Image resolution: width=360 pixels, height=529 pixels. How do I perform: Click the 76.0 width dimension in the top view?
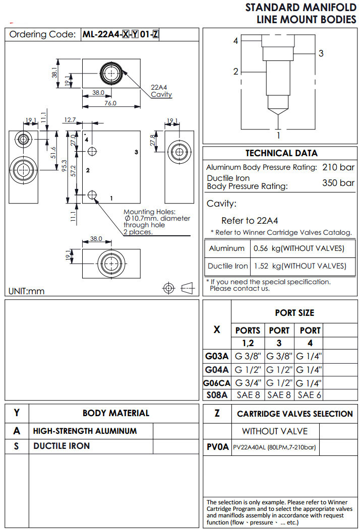coord(110,103)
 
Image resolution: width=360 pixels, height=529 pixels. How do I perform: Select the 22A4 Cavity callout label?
coord(161,91)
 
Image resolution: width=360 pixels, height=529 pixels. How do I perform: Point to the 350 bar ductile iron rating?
coord(338,182)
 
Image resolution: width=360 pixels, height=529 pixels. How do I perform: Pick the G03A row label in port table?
coord(217,356)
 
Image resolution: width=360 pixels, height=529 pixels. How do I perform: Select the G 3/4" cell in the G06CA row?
coord(248,382)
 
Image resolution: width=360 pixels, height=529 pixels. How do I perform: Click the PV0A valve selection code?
coord(218,447)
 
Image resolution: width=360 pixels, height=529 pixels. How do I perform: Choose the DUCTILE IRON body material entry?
coord(62,446)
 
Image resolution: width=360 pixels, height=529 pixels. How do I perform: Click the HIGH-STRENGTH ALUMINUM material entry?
coord(85,431)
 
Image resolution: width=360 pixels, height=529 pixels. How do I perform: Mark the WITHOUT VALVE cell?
coord(274,431)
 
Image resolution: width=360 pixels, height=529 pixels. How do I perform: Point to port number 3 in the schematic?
coord(321,53)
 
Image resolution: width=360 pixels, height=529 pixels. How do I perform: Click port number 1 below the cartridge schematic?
coord(278,135)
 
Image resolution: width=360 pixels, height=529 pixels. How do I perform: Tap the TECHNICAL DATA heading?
coord(281,153)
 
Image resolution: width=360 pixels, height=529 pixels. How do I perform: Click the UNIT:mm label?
coord(27,291)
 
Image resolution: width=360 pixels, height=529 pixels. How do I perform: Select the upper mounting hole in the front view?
coord(92,152)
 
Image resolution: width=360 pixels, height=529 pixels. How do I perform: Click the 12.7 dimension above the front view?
coord(70,120)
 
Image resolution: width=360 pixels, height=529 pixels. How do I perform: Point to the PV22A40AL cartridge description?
coord(275,447)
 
